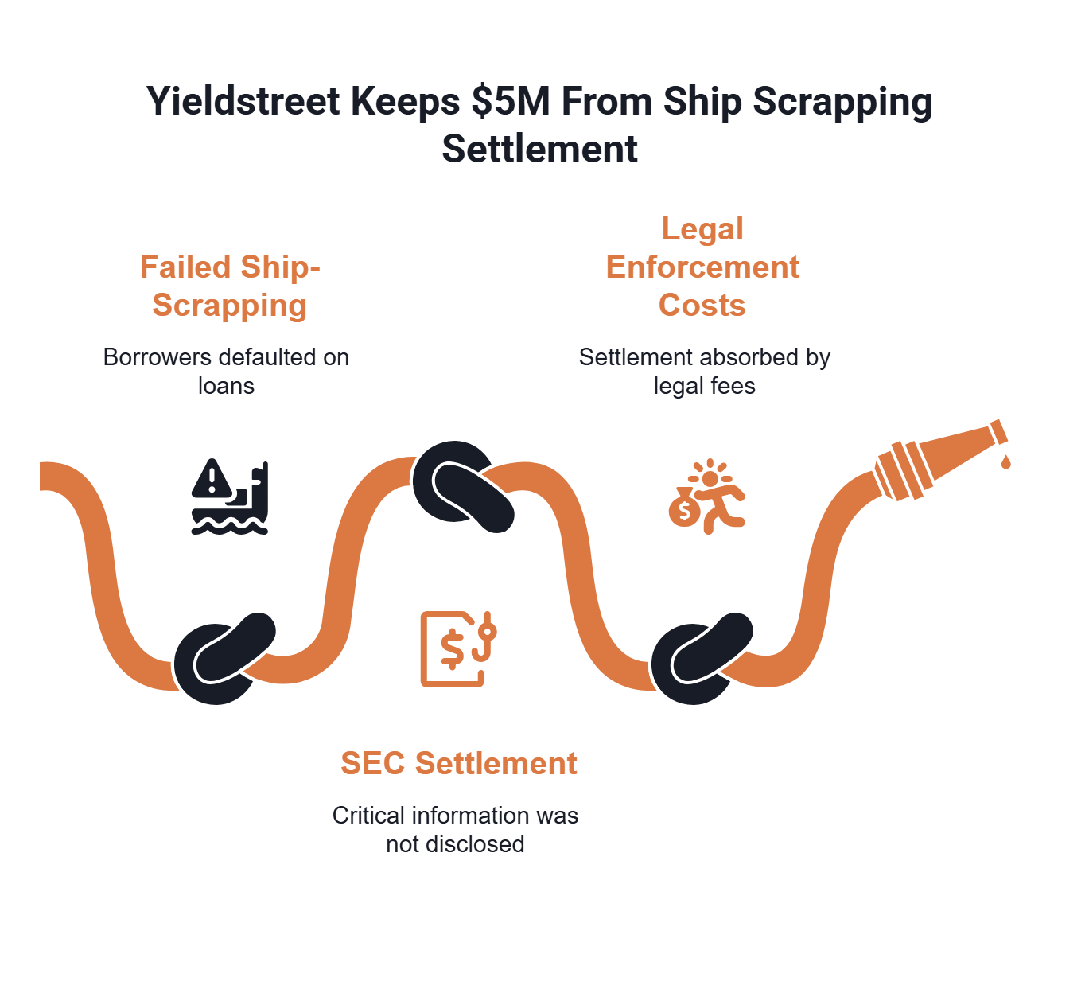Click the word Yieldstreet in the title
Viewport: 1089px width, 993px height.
click(243, 102)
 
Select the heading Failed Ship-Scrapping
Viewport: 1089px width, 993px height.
click(230, 286)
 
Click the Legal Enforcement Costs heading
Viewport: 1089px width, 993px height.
click(702, 267)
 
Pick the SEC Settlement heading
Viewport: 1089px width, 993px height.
click(458, 763)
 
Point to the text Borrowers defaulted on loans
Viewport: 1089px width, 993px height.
click(226, 371)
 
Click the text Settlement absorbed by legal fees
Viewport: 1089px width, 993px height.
click(704, 371)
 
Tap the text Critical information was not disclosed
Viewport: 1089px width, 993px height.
click(455, 829)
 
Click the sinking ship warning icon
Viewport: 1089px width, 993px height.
click(229, 496)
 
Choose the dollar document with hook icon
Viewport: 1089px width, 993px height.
click(457, 648)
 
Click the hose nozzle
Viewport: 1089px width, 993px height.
click(939, 460)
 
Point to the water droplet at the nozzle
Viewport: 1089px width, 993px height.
click(1006, 461)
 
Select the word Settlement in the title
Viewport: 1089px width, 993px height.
click(539, 149)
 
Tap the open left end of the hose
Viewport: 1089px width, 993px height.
click(45, 476)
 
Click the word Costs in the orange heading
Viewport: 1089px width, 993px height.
click(702, 305)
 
